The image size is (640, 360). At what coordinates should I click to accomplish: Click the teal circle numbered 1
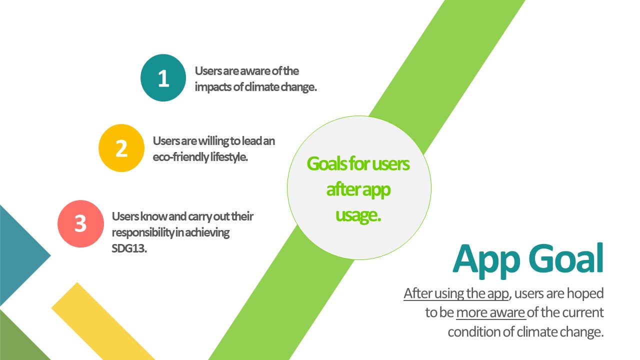click(163, 77)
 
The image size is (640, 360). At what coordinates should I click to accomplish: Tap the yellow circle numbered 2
click(121, 148)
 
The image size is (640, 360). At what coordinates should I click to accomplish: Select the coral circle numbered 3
click(80, 223)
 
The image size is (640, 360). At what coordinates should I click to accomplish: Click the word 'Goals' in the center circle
click(326, 164)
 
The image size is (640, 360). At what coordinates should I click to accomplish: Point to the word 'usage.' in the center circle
click(358, 215)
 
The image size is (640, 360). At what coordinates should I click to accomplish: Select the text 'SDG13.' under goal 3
click(129, 248)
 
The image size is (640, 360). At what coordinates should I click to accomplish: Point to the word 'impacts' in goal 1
click(213, 87)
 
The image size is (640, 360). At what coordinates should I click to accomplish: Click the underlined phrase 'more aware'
click(491, 312)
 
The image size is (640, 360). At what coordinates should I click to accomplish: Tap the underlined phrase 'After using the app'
click(456, 293)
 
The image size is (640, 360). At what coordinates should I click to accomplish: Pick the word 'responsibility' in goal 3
click(142, 232)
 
